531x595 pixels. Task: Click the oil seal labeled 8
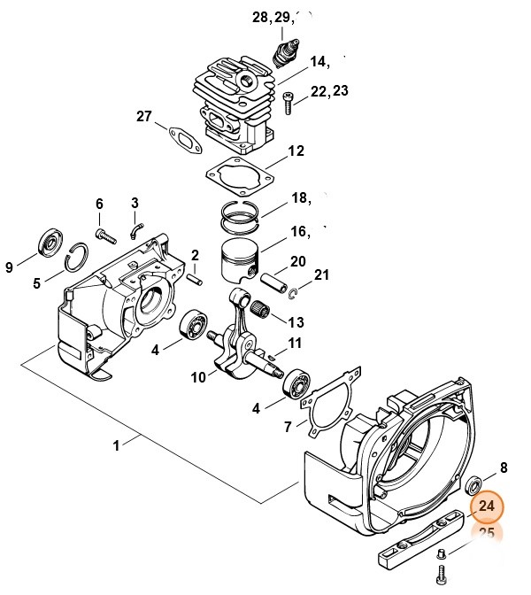pos(475,484)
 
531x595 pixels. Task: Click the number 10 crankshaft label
pos(197,377)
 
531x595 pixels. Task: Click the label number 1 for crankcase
pos(116,445)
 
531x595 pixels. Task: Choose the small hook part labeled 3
pos(135,231)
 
